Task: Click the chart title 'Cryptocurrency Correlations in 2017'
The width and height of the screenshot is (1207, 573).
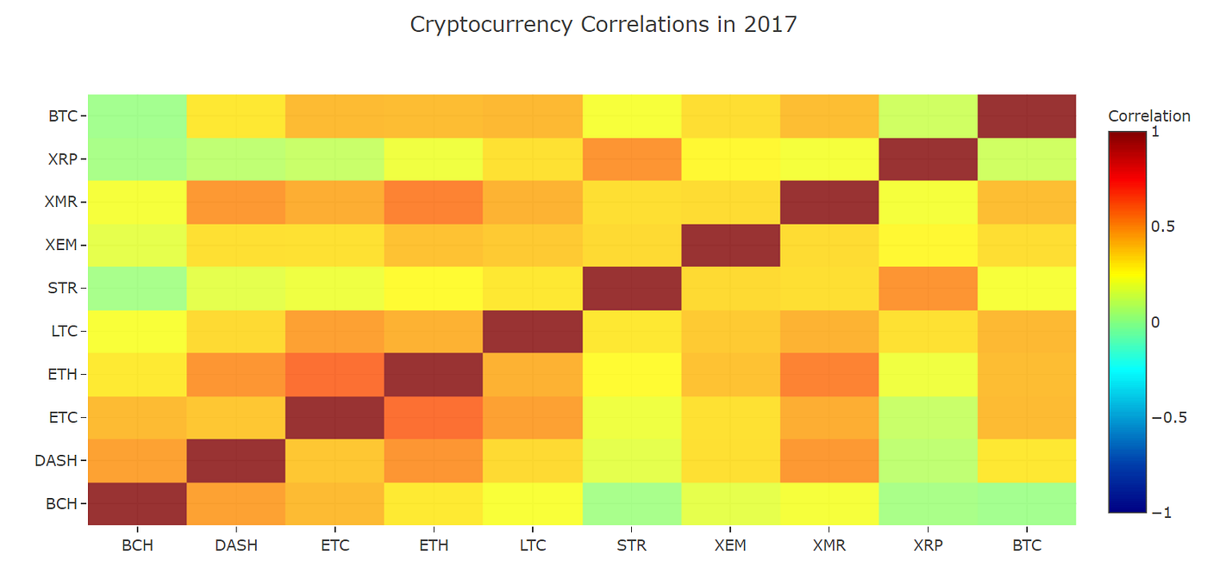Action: [603, 24]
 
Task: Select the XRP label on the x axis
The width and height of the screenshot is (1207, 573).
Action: [928, 545]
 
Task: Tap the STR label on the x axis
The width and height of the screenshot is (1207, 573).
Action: [631, 545]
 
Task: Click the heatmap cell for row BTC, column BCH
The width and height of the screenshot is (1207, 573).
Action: [137, 116]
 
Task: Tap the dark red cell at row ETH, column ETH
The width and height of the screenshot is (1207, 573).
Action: [434, 375]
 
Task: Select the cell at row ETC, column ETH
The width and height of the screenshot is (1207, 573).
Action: [434, 418]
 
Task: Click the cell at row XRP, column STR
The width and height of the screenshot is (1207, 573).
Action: [631, 159]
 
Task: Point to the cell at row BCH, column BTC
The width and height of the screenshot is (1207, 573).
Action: [1027, 504]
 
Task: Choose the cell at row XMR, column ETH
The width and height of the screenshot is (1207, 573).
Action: [434, 202]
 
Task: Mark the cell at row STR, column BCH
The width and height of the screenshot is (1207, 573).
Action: [137, 289]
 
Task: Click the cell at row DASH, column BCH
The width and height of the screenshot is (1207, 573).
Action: [137, 461]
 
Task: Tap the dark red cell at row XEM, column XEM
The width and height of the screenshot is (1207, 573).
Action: [730, 246]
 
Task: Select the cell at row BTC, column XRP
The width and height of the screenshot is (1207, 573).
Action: [928, 116]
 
